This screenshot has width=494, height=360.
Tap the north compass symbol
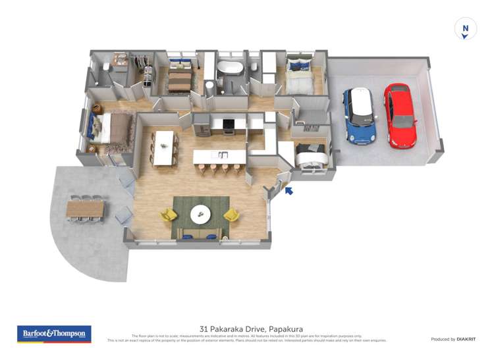(x=466, y=29)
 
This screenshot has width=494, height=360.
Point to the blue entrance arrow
(x=288, y=191)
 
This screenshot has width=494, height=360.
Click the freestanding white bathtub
(x=231, y=68)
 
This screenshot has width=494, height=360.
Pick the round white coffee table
(x=200, y=214)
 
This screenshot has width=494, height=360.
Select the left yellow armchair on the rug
(x=169, y=215)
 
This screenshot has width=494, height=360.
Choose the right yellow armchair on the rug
(x=231, y=215)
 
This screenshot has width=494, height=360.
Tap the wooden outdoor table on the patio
(x=85, y=209)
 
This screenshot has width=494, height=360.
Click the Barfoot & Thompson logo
(x=54, y=334)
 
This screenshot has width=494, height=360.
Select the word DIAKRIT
(x=466, y=339)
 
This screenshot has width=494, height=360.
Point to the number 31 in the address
(x=204, y=328)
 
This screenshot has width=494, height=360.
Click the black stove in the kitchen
(x=229, y=124)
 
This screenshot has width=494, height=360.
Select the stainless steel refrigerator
(x=202, y=124)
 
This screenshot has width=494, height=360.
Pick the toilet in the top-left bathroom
(x=105, y=66)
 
